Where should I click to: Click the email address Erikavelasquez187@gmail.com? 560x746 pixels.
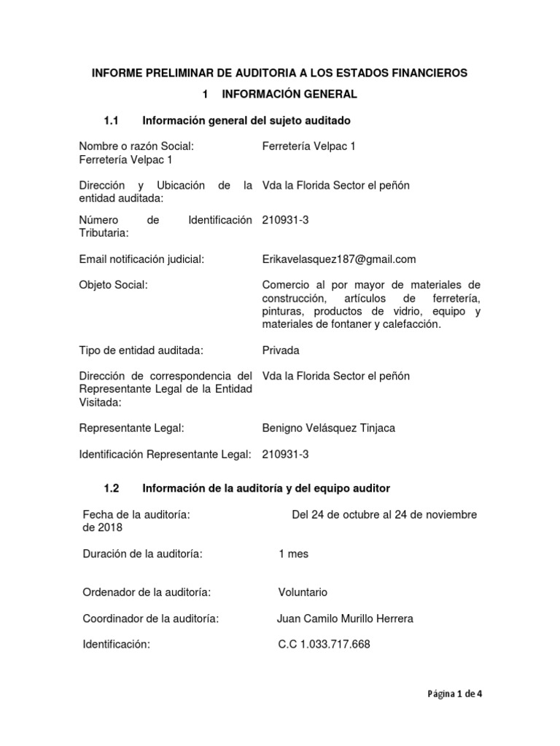(x=338, y=259)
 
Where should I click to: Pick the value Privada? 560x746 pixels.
(x=281, y=350)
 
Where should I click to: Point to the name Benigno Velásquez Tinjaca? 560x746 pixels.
(x=328, y=428)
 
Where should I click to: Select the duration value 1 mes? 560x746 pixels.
(x=293, y=554)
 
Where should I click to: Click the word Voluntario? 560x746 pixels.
(x=303, y=592)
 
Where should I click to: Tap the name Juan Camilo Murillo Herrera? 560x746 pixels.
(x=345, y=619)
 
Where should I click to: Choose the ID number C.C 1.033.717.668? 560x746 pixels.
(x=324, y=645)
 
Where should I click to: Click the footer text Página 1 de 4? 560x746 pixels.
(x=454, y=694)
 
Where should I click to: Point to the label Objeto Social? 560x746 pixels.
(x=113, y=285)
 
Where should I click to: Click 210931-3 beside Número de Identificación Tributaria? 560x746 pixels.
(x=285, y=219)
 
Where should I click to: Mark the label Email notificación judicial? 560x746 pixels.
(x=141, y=259)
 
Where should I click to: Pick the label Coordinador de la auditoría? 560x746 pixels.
(x=152, y=619)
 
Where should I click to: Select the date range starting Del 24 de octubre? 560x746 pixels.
(x=384, y=514)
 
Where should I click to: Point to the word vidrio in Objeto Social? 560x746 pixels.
(x=411, y=311)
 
